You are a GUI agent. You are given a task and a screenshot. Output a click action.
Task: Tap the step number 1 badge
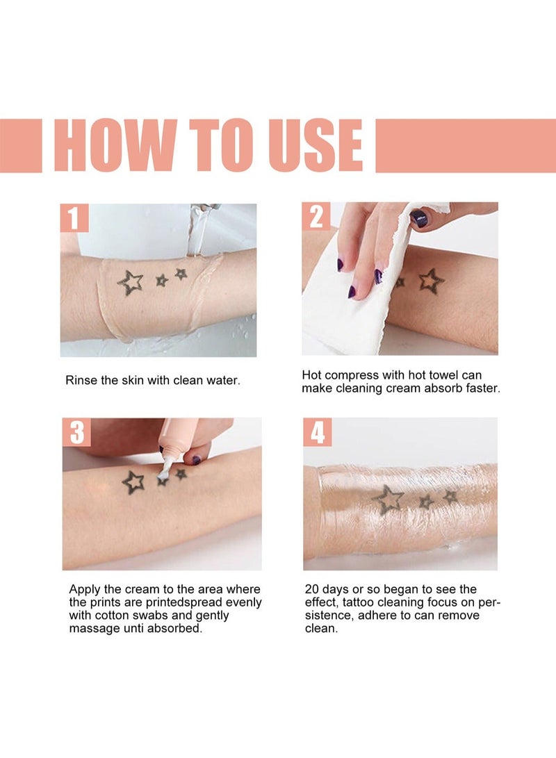coord(74,217)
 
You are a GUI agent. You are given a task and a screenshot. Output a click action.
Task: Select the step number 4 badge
coord(317,432)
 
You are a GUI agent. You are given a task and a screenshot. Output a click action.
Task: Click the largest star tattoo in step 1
coord(130,283)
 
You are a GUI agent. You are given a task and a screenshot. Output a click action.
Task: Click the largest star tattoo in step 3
coord(133,481)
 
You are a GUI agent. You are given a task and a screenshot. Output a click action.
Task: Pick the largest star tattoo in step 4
coord(389,498)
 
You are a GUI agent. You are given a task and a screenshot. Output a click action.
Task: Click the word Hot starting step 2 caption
coord(311,375)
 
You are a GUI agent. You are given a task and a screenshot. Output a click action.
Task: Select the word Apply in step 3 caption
coord(85,589)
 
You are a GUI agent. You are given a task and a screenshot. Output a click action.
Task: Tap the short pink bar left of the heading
coord(21,145)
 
